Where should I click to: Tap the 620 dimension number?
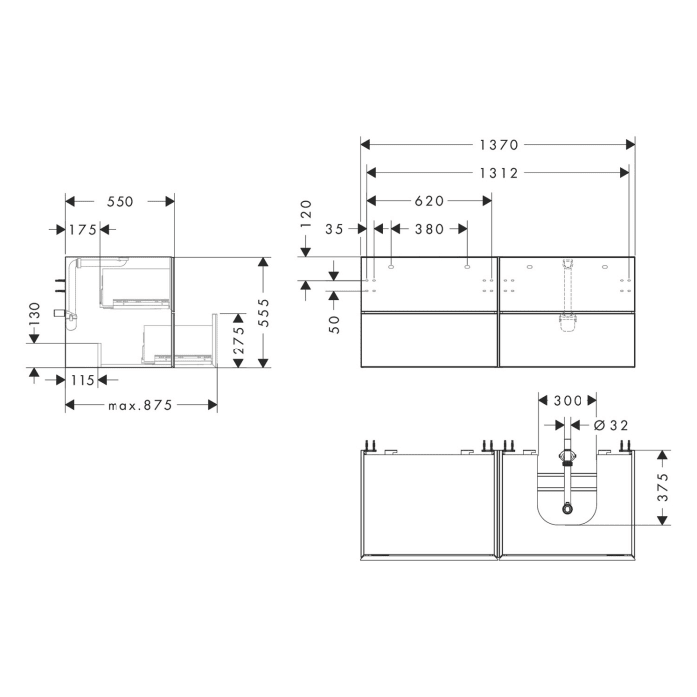click(x=429, y=200)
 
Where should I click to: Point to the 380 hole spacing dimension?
click(x=429, y=229)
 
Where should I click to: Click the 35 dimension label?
click(x=334, y=229)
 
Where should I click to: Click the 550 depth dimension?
click(x=119, y=200)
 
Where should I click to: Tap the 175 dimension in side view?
click(x=82, y=229)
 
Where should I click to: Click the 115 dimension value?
click(x=82, y=379)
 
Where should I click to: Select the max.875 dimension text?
click(x=140, y=405)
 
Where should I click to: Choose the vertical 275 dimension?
click(x=239, y=340)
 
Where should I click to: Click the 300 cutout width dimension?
click(x=568, y=400)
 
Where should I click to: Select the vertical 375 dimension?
click(x=662, y=487)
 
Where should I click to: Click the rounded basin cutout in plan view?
click(x=567, y=503)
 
